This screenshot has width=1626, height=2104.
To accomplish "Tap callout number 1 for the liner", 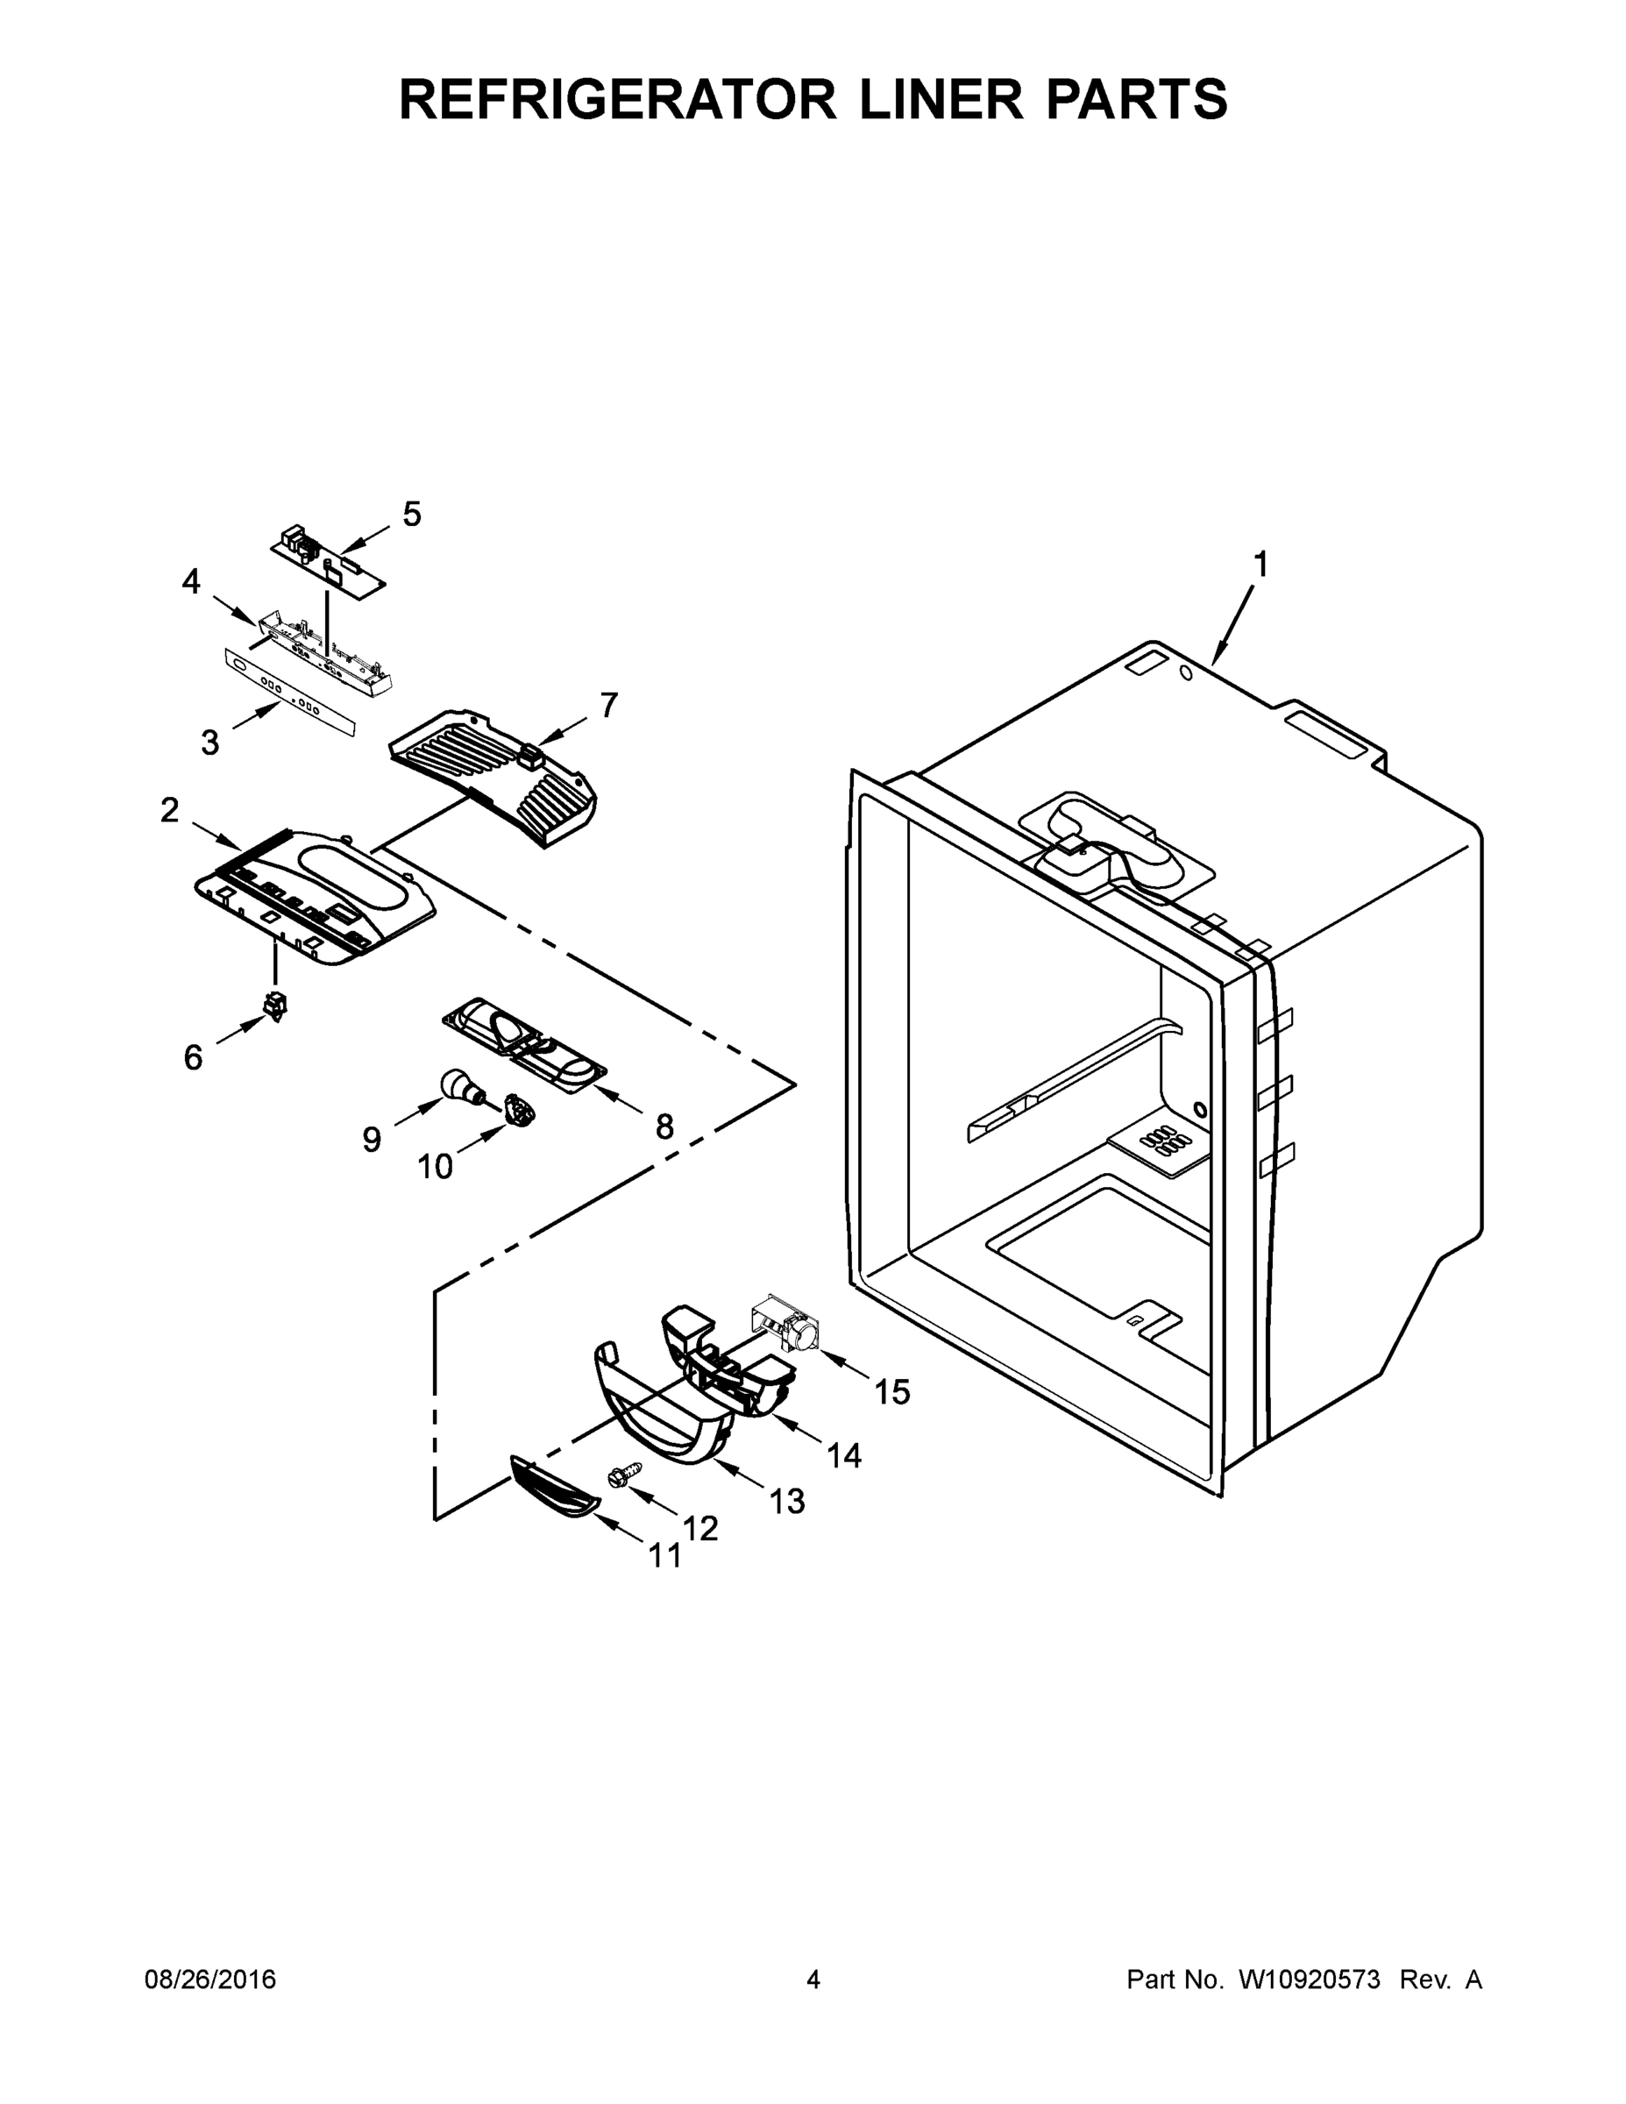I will tap(1260, 565).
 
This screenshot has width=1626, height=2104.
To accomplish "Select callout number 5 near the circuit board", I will tap(411, 515).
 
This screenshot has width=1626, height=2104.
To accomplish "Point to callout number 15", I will tap(892, 1391).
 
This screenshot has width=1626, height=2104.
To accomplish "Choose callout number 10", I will tap(435, 1167).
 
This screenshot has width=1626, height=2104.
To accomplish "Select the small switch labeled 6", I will tap(276, 1005).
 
